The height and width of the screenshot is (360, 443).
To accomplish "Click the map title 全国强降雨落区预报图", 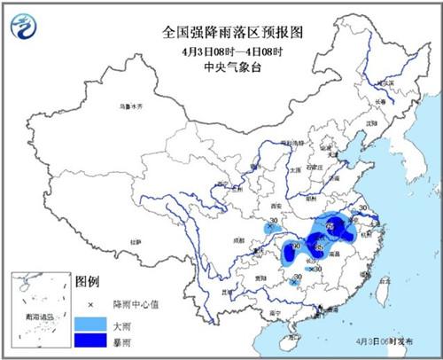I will (221, 32).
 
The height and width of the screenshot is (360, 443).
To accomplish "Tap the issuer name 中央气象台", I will (221, 66).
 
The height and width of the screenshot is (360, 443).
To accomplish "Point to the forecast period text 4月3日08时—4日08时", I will (221, 50).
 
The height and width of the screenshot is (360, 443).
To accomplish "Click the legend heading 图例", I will (86, 282).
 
